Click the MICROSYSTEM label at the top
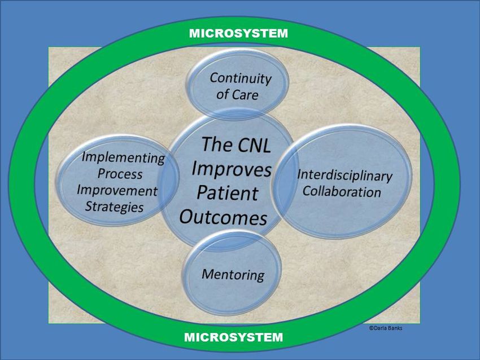(x=238, y=33)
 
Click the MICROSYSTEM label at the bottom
(x=234, y=337)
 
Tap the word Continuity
(x=241, y=78)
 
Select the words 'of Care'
(x=237, y=94)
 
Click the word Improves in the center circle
(x=232, y=170)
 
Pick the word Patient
(x=228, y=193)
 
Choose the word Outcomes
(x=223, y=217)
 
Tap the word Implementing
(x=123, y=158)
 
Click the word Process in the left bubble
(x=120, y=174)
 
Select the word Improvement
(x=117, y=191)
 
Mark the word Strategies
(x=114, y=207)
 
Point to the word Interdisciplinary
(x=344, y=175)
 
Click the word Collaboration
(x=342, y=192)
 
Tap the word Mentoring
(x=233, y=275)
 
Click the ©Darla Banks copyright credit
(x=386, y=328)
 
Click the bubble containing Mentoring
(x=232, y=273)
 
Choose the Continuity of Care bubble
(x=238, y=84)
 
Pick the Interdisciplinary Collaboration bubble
(x=342, y=181)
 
